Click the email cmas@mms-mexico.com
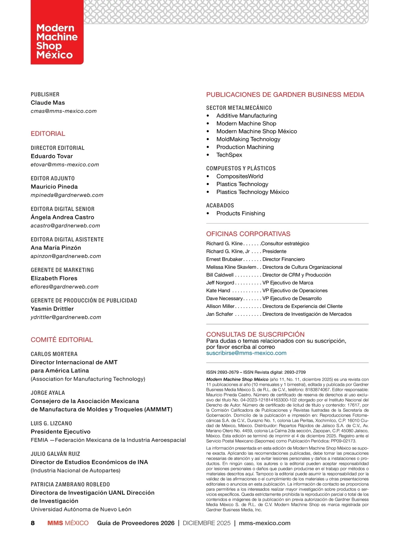coord(64,111)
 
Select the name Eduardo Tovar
coord(52,156)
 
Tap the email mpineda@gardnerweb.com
coord(67,195)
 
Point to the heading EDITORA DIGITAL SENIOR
coord(63,209)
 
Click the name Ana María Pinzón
coord(56,248)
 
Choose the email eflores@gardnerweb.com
coord(65,287)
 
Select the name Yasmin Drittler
coord(52,309)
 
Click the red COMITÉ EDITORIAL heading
coord(62,340)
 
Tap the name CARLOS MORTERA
coord(54,354)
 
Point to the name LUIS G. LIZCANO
coord(51,423)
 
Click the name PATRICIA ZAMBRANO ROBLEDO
coord(70,484)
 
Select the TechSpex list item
coord(229,155)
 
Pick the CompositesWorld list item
coord(240,176)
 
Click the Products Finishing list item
coord(241,214)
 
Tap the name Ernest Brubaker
coord(224,259)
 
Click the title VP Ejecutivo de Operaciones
coord(295,291)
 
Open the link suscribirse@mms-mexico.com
coord(246,353)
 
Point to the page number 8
coord(33,523)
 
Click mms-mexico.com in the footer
coord(265,523)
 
